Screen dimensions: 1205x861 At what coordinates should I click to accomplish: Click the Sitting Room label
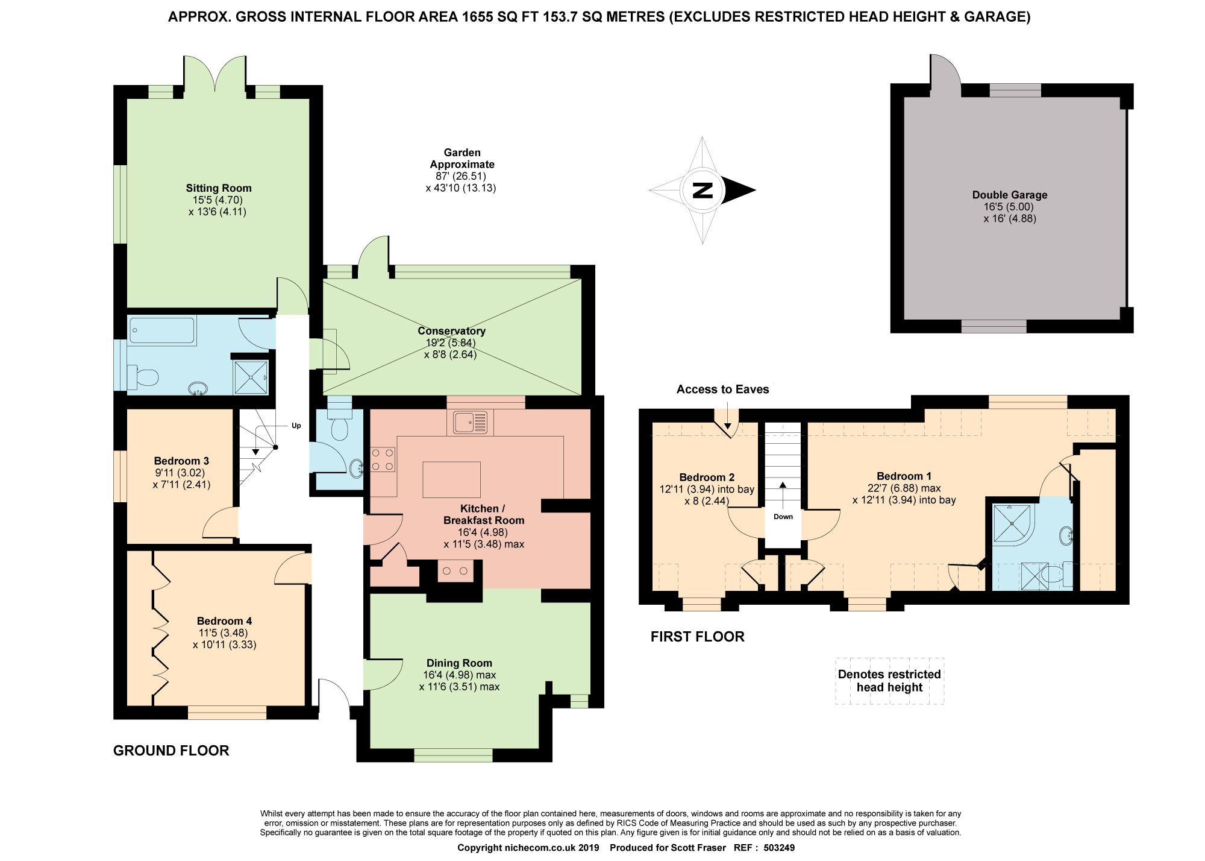(x=218, y=188)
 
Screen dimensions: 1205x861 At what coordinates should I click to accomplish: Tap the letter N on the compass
(x=703, y=191)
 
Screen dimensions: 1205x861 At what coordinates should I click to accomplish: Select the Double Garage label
(x=1010, y=195)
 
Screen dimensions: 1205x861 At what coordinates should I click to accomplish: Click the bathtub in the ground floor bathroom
(x=162, y=330)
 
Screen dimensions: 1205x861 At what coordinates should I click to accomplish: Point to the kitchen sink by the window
(x=470, y=422)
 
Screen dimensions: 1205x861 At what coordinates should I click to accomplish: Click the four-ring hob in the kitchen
(x=383, y=459)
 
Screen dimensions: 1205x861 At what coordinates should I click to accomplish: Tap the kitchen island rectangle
(x=452, y=479)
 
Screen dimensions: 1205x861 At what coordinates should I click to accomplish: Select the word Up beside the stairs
(x=296, y=426)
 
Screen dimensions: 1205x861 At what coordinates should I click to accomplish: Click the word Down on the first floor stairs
(x=783, y=517)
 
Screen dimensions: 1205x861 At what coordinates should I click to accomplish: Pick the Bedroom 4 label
(x=224, y=621)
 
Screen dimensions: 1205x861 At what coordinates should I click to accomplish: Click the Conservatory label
(x=451, y=331)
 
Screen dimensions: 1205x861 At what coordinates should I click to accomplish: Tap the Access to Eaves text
(x=722, y=389)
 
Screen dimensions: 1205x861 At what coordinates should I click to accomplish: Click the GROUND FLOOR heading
(x=171, y=751)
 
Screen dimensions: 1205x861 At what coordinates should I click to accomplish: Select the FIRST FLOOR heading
(x=698, y=637)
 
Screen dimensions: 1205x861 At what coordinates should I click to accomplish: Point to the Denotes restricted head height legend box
(x=889, y=681)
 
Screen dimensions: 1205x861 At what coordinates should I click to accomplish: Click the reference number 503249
(x=779, y=848)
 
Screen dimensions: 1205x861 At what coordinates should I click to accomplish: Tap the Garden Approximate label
(x=462, y=159)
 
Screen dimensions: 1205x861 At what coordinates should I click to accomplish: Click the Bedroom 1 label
(x=904, y=476)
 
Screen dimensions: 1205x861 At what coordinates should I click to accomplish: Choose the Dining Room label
(x=459, y=663)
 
